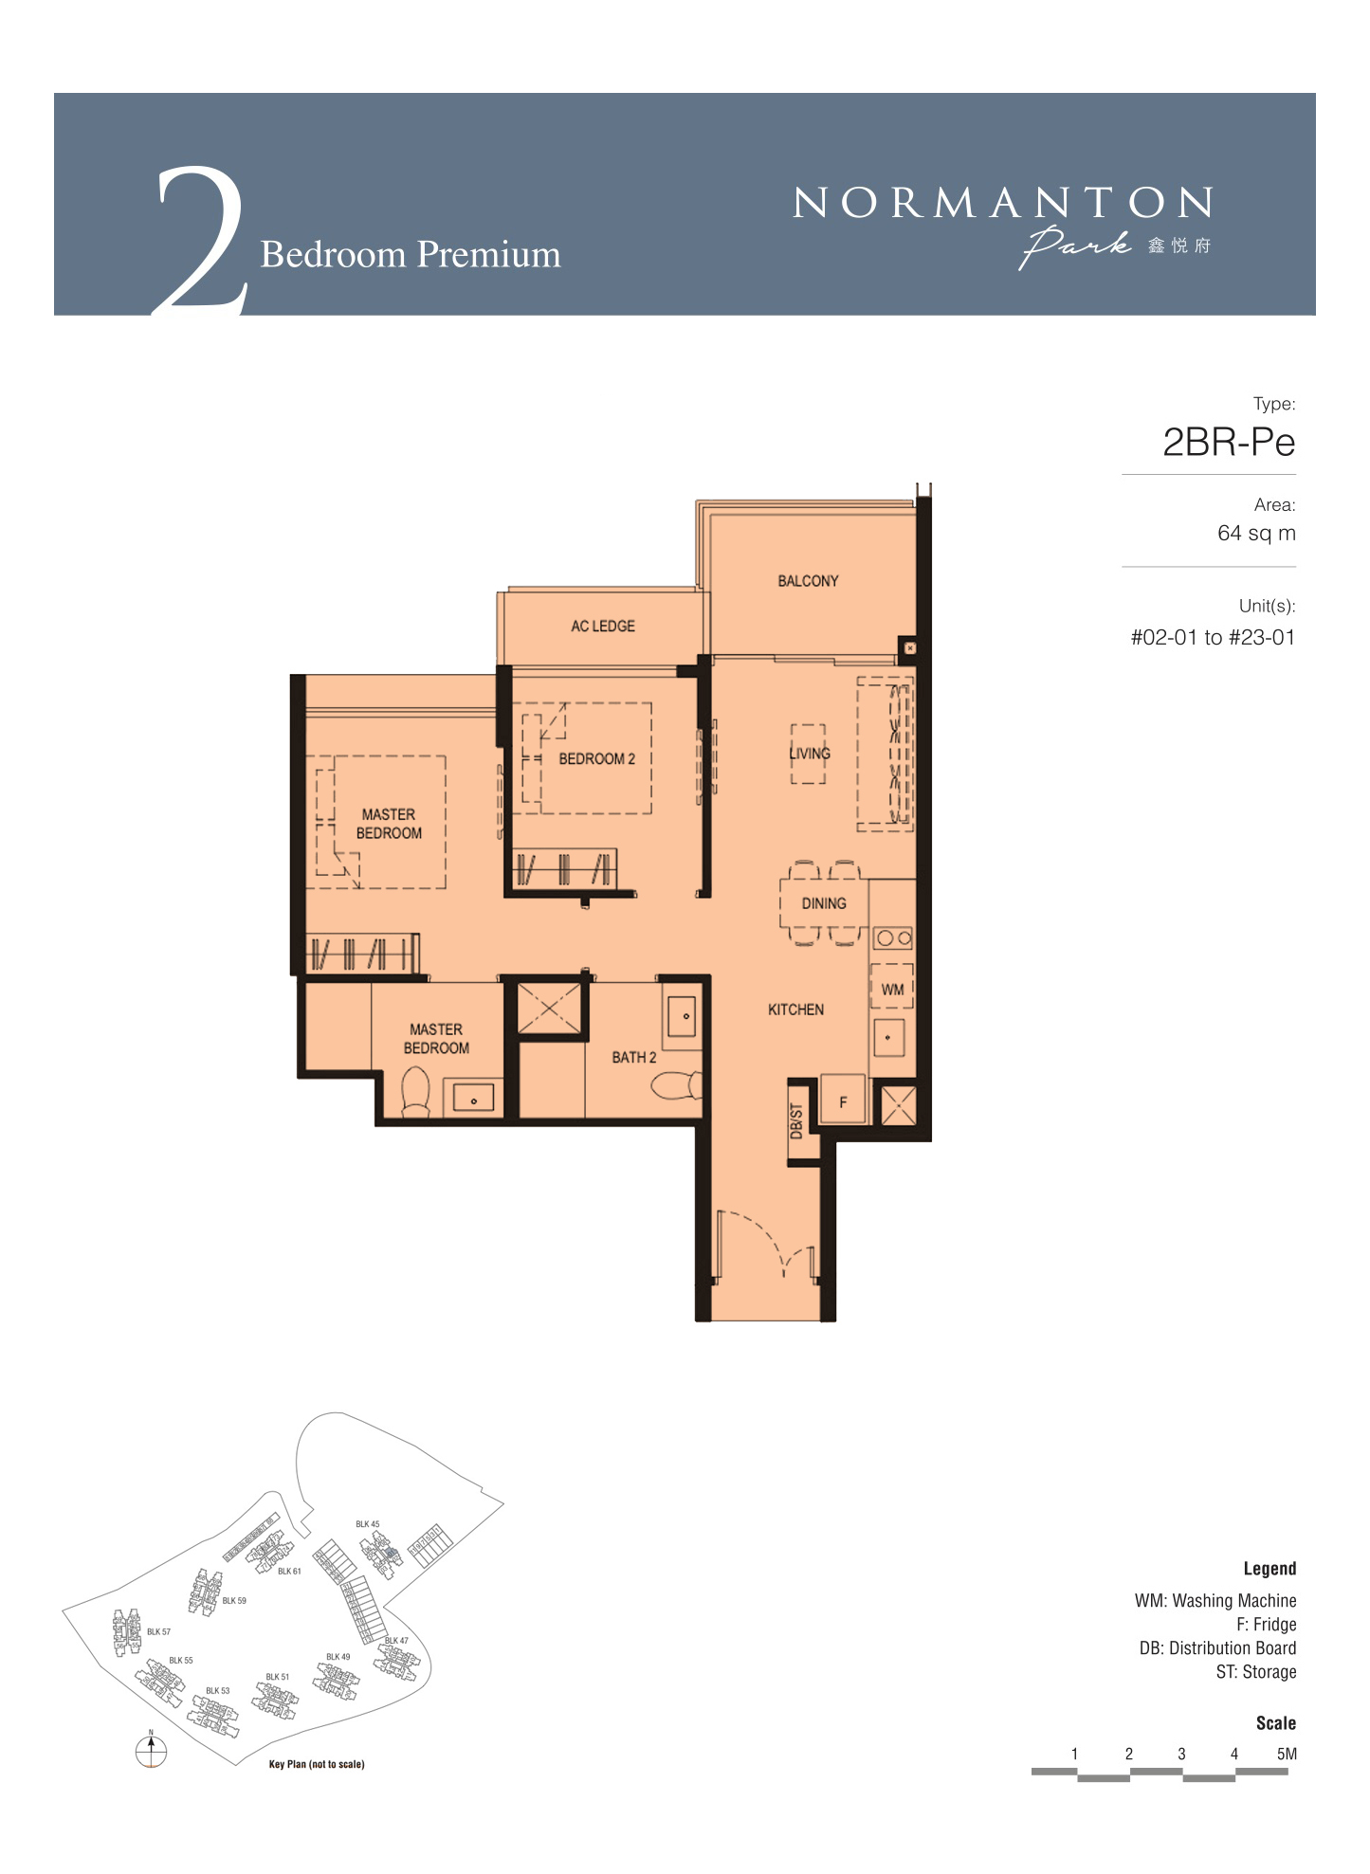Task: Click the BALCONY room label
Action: [808, 581]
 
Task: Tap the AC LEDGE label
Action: [603, 627]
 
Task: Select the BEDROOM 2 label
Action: [597, 759]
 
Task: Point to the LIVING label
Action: [810, 754]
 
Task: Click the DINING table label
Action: [824, 903]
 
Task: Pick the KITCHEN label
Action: [795, 1010]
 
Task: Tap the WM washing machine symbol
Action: [892, 987]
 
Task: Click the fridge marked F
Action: [843, 1099]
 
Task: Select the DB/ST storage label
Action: [796, 1120]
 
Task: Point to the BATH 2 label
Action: [634, 1058]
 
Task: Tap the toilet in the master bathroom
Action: [415, 1092]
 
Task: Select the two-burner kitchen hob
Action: [893, 938]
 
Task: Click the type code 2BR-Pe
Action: [1229, 443]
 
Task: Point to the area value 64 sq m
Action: [1256, 533]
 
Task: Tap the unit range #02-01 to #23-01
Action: [1213, 638]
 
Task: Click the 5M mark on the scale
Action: [1287, 1754]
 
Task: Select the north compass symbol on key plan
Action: [151, 1750]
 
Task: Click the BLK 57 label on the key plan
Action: [158, 1632]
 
